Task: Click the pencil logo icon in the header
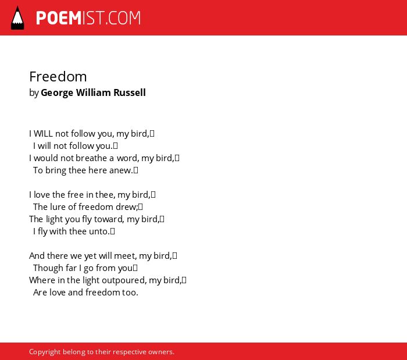coord(17,18)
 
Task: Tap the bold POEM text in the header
coord(59,18)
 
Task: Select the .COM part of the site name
coord(123,18)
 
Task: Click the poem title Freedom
coord(58,77)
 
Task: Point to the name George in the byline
coord(57,93)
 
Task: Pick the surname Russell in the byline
coord(130,92)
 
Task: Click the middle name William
coord(94,92)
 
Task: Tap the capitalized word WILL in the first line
coord(44,134)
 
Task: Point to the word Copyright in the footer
coord(45,352)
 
